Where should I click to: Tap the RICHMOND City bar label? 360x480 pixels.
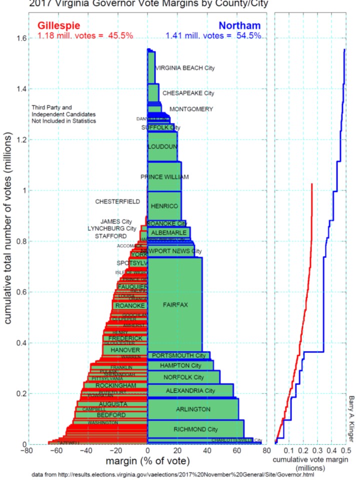195,429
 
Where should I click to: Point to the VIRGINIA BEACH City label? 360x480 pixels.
185,68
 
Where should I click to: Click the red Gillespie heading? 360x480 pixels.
59,26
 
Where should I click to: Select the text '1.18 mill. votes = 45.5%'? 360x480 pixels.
85,36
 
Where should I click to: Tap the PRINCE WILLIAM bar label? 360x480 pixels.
164,177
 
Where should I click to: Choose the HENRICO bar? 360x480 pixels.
164,205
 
